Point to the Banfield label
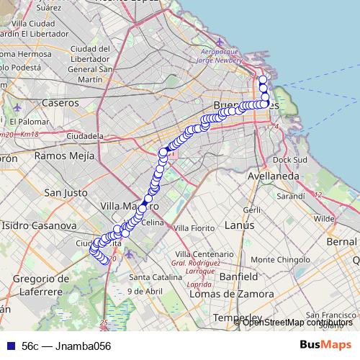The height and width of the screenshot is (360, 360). click(238, 276)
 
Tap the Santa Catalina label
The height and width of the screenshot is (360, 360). click(148, 277)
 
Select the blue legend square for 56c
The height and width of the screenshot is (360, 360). click(10, 346)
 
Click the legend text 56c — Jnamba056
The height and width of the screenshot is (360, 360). click(66, 346)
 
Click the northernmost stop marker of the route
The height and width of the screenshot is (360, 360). click(262, 80)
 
